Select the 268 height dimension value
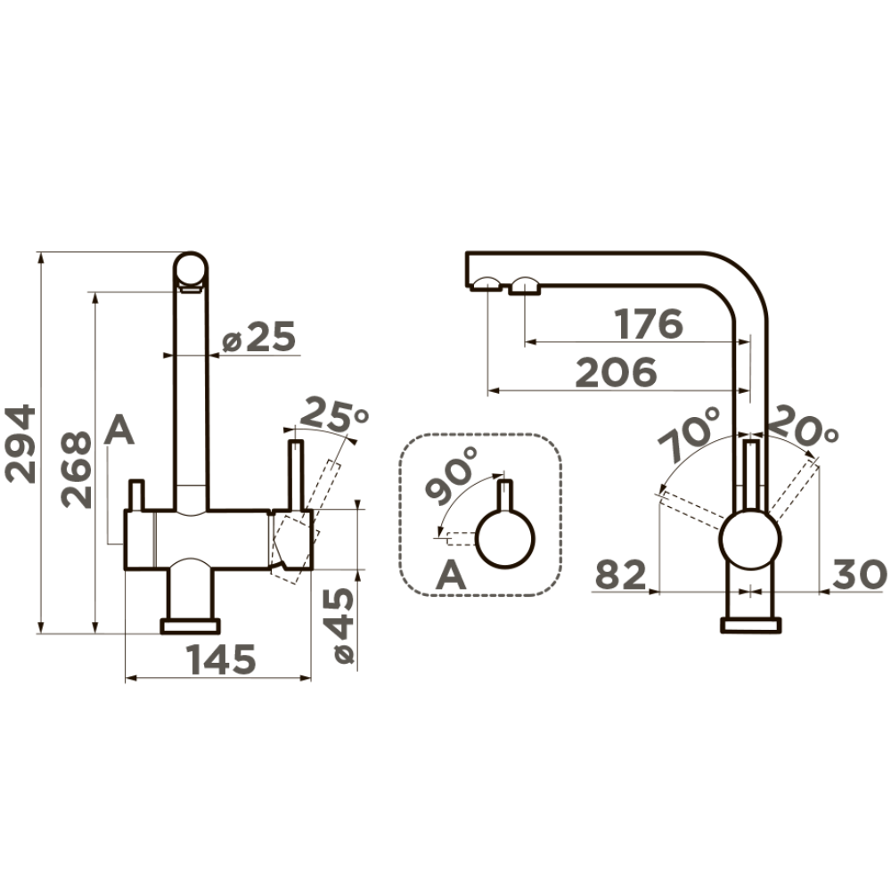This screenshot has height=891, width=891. (76, 470)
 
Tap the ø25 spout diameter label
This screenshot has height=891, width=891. (258, 337)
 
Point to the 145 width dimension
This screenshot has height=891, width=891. (222, 659)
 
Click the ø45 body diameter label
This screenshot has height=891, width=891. (343, 625)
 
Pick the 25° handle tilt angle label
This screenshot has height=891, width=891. (333, 415)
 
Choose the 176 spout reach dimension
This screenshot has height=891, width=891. (649, 324)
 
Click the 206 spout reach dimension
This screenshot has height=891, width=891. (617, 372)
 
